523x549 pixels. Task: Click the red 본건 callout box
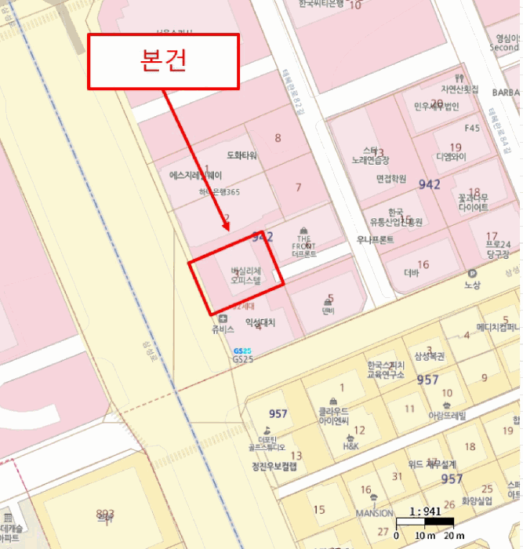click(x=163, y=61)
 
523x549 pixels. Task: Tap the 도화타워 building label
click(x=242, y=155)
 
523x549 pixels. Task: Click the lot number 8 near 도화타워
click(x=278, y=139)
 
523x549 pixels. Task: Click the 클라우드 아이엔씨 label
click(x=338, y=416)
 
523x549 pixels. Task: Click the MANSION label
click(x=373, y=514)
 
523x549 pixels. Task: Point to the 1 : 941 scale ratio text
click(x=426, y=511)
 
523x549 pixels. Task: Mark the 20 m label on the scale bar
click(x=454, y=536)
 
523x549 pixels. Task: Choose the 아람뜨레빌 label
click(x=446, y=416)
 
